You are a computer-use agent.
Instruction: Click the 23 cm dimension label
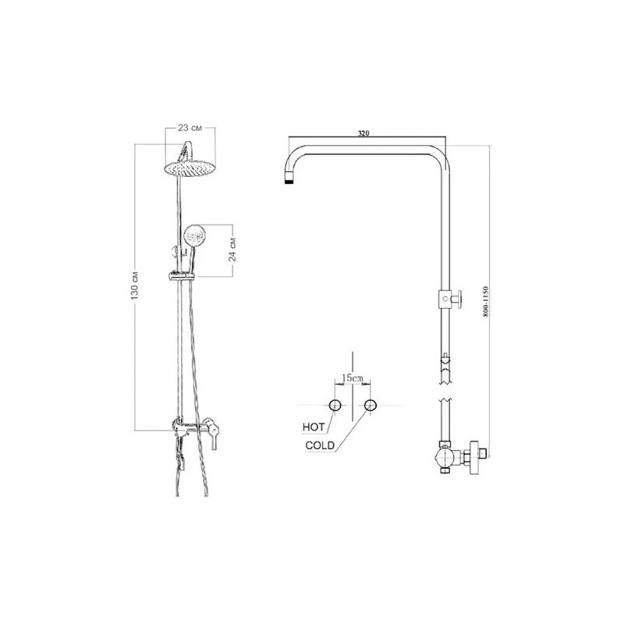190,128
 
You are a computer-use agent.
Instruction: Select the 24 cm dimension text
232,250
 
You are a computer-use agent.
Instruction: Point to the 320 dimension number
363,133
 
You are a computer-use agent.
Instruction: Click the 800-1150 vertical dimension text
484,301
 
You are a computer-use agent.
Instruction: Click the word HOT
314,427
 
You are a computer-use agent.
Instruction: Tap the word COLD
320,445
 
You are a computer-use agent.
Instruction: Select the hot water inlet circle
335,405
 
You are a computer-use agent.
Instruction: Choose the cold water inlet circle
370,405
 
